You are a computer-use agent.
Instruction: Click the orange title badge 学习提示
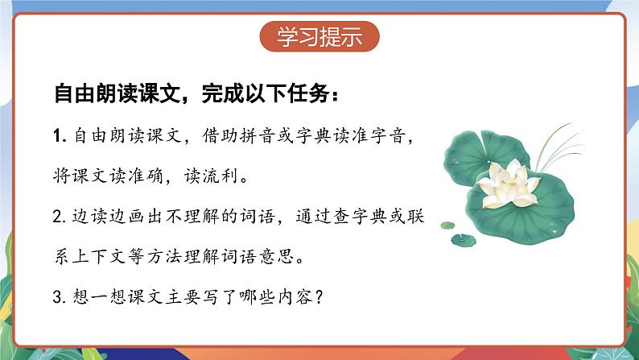click(319, 36)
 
